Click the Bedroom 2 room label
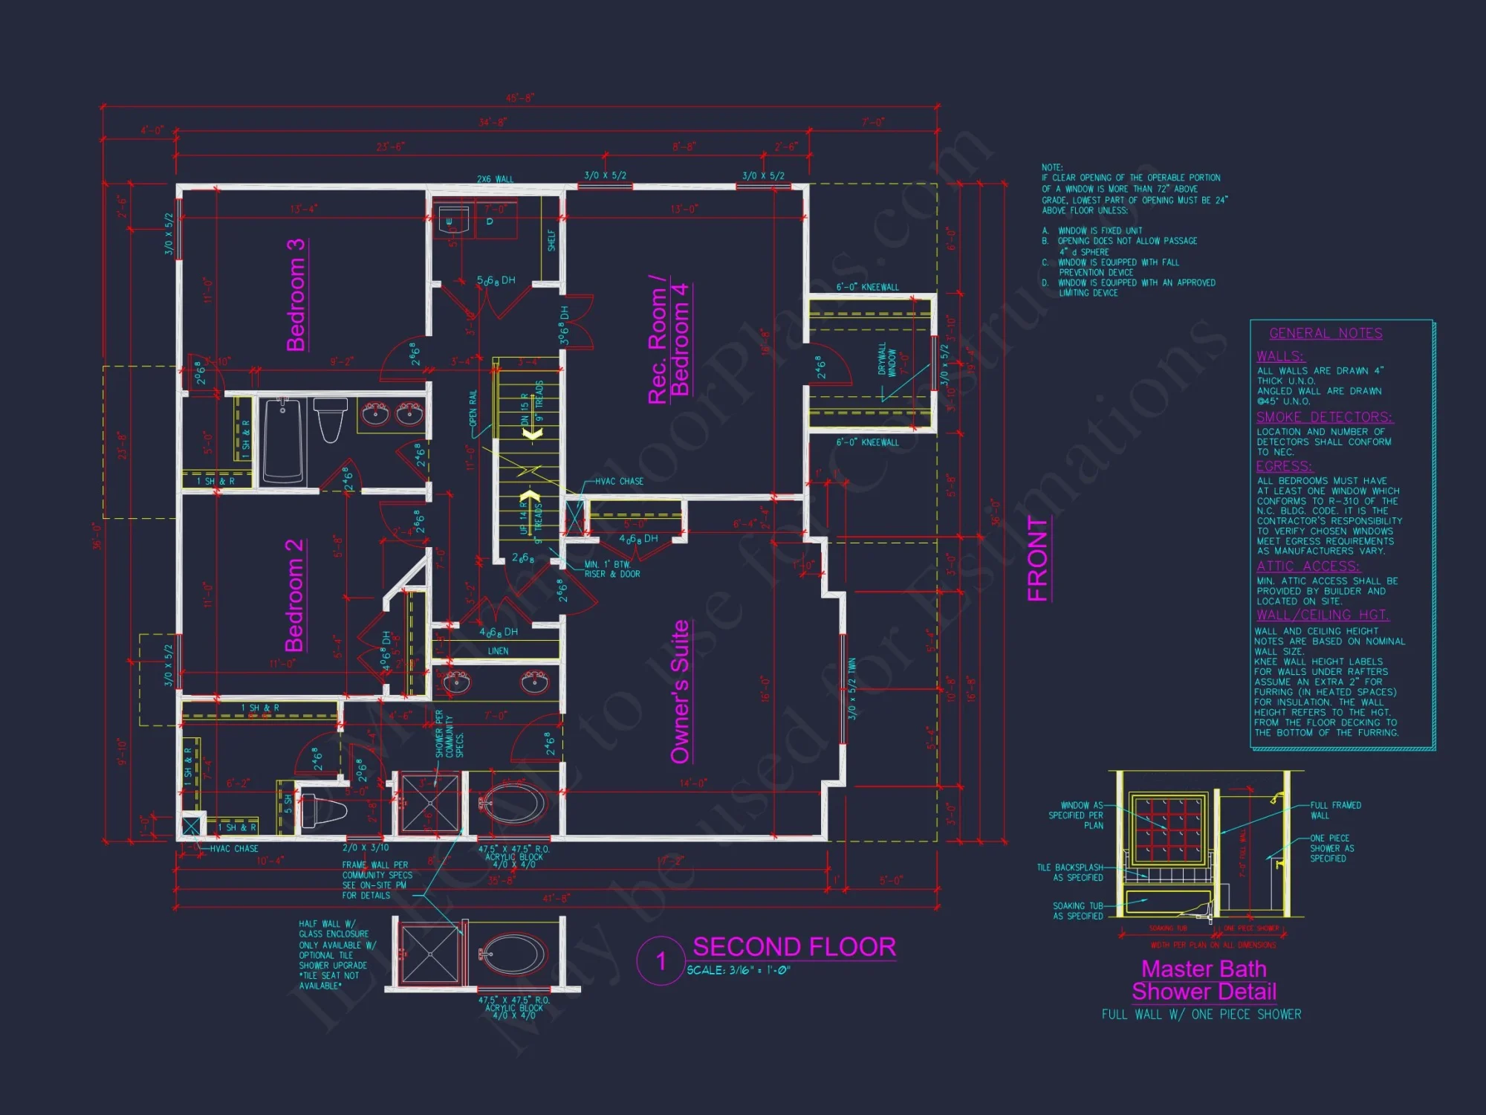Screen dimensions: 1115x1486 click(294, 595)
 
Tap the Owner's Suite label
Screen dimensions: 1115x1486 click(680, 692)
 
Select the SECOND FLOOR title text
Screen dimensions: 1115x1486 click(794, 947)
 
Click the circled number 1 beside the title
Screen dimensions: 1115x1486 click(661, 961)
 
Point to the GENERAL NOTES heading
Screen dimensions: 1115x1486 click(1326, 334)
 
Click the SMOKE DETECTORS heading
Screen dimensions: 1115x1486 click(1324, 417)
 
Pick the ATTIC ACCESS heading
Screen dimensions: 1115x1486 click(1308, 566)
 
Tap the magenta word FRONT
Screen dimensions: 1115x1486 click(1037, 558)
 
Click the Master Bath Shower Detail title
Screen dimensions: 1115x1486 click(1204, 980)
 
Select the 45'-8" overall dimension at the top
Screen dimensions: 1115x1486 click(520, 98)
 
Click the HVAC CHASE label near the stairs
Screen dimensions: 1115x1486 click(619, 482)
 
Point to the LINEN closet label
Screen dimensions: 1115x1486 click(498, 651)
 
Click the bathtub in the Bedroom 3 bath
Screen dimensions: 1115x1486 click(283, 440)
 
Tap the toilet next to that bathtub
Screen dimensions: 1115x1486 click(331, 419)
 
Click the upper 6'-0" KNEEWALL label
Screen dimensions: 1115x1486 click(867, 287)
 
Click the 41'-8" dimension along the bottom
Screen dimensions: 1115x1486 click(557, 899)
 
